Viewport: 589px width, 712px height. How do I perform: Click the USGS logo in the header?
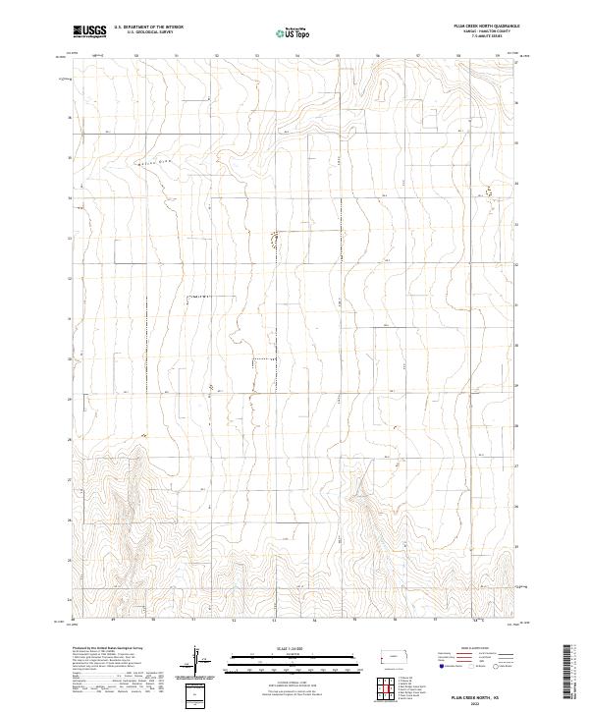(91, 31)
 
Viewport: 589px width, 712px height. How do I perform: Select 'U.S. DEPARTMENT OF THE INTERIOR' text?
(148, 27)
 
